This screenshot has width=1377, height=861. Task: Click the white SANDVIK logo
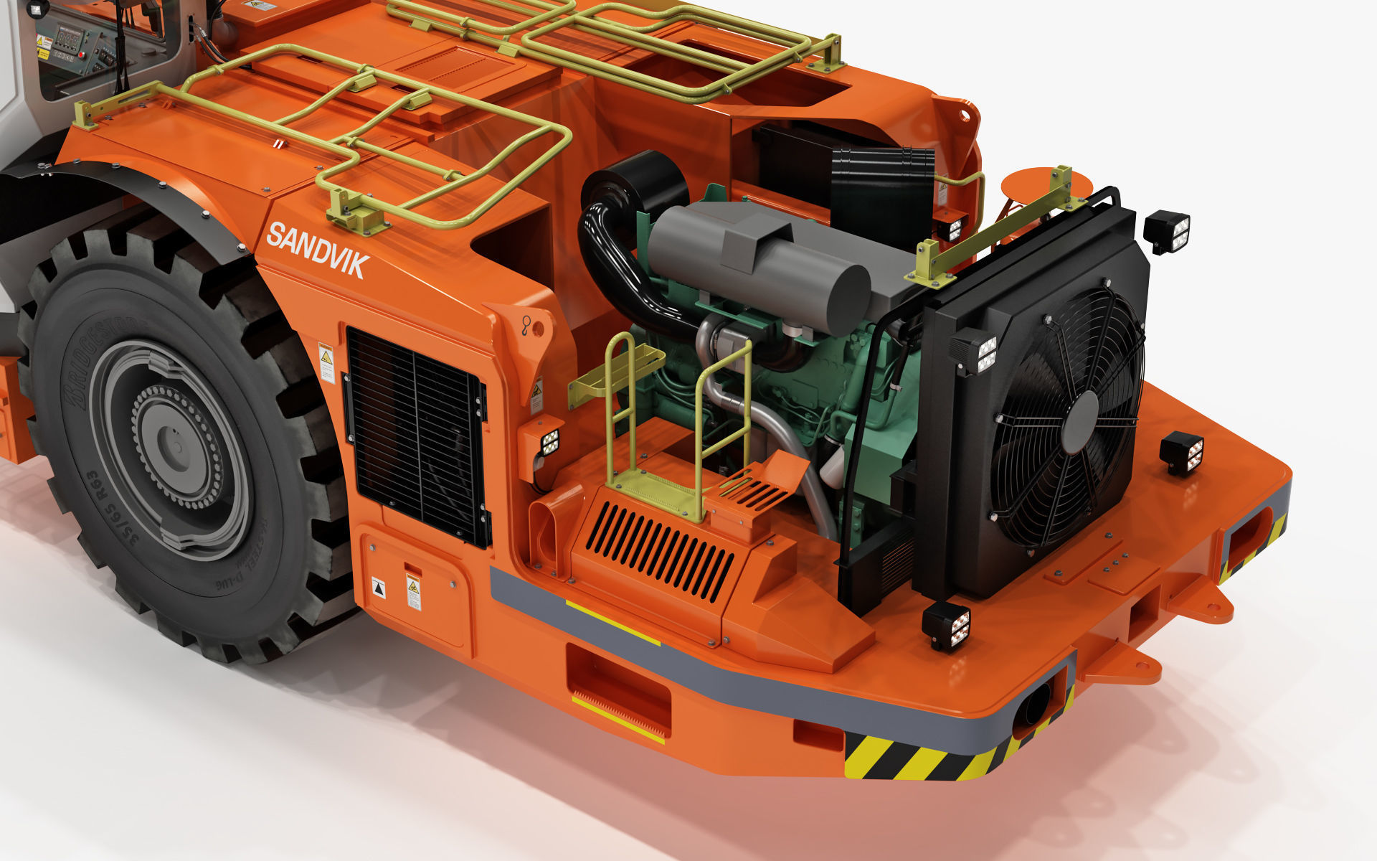318,251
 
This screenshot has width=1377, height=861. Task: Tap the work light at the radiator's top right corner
1167,231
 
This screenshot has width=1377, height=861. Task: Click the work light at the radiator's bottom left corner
947,625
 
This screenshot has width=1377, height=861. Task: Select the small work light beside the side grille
549,443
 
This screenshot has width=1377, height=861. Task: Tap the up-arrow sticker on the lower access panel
378,588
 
